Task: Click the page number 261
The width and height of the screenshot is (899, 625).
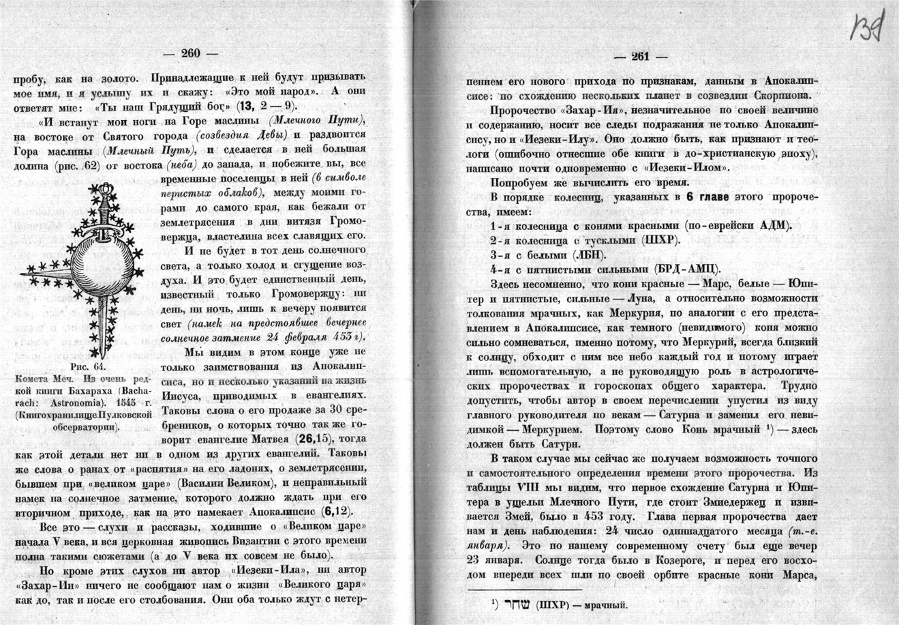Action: (641, 57)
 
